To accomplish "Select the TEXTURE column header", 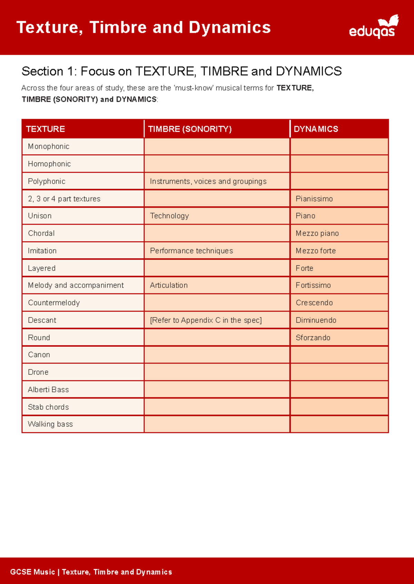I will [45, 129].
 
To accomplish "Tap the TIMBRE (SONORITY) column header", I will [190, 129].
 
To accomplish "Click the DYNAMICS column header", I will [316, 129].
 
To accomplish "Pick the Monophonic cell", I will [49, 146].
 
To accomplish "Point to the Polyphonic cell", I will [47, 181].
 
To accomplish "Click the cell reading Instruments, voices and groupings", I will [208, 181].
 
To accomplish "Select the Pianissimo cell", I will [314, 199].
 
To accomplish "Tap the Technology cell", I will [169, 216].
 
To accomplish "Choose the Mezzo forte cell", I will [315, 251].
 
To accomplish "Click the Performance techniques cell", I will [191, 251].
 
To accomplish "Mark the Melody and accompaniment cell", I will [76, 285].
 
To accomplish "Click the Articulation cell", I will [169, 285].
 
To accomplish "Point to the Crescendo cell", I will [314, 303].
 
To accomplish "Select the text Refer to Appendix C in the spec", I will [206, 320].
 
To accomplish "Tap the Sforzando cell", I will [313, 337].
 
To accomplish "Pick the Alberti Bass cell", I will [48, 389].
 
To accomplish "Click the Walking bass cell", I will [50, 424].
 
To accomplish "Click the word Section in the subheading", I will [42, 71].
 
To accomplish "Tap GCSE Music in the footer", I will [32, 572].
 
